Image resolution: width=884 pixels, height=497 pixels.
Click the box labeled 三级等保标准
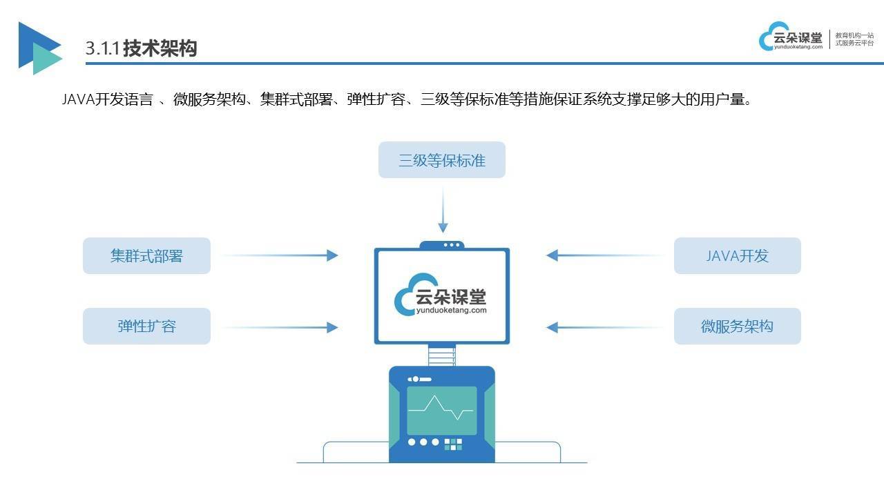coord(441,159)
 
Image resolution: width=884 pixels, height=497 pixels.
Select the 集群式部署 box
coord(146,255)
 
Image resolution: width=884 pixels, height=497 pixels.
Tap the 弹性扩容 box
coord(146,327)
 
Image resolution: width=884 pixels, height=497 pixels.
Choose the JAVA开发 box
coord(737,255)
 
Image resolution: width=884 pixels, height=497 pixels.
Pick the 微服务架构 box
coord(737,327)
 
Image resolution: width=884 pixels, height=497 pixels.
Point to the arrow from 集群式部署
coord(280,255)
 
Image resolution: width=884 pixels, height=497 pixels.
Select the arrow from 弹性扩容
coord(280,327)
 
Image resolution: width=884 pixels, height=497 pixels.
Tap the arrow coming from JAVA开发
coord(604,255)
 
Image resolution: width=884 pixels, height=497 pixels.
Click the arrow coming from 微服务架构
coord(604,327)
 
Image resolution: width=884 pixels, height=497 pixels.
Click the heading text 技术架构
coord(160,48)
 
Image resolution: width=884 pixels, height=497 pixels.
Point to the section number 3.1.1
coord(102,48)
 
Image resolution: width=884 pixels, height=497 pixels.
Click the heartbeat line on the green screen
coord(441,408)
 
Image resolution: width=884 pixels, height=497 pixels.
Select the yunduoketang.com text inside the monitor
coord(452,311)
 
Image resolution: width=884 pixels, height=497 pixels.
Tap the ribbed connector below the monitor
coord(441,355)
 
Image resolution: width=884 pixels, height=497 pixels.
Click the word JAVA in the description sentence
coord(79,99)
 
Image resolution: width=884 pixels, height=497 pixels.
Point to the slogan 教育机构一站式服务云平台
coord(854,39)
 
